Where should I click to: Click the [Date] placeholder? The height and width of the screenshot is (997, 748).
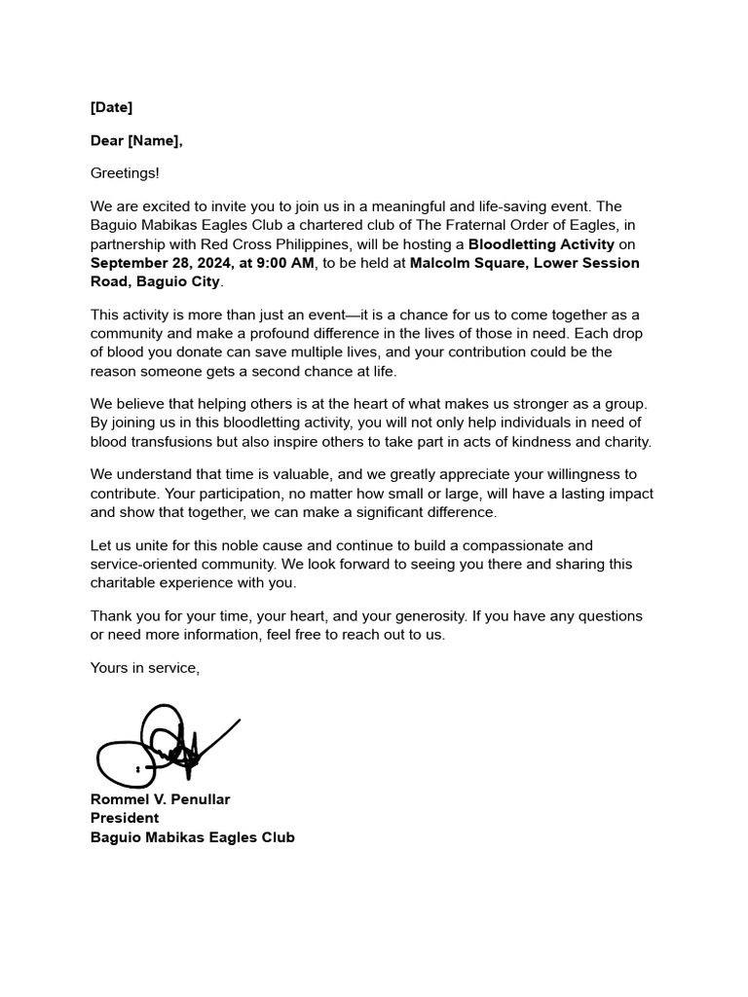pos(111,107)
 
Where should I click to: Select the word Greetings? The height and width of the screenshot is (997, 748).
pos(125,173)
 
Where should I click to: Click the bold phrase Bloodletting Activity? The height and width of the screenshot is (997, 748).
pos(542,243)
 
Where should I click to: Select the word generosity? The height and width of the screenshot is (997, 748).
pos(420,616)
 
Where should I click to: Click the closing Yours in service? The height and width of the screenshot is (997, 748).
pos(145,668)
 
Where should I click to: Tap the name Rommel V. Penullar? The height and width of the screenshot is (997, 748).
pos(161,799)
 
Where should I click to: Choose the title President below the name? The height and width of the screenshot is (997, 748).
pos(125,818)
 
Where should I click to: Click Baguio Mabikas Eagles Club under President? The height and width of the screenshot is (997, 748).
pos(192,837)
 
